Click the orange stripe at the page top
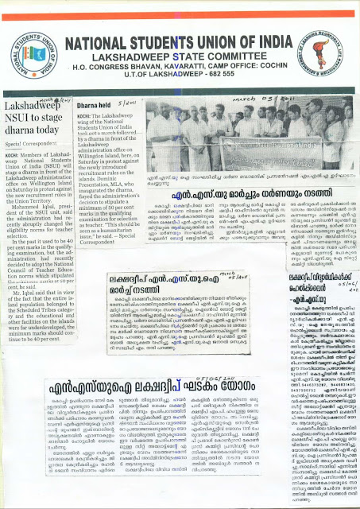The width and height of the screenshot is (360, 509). [180, 5]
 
